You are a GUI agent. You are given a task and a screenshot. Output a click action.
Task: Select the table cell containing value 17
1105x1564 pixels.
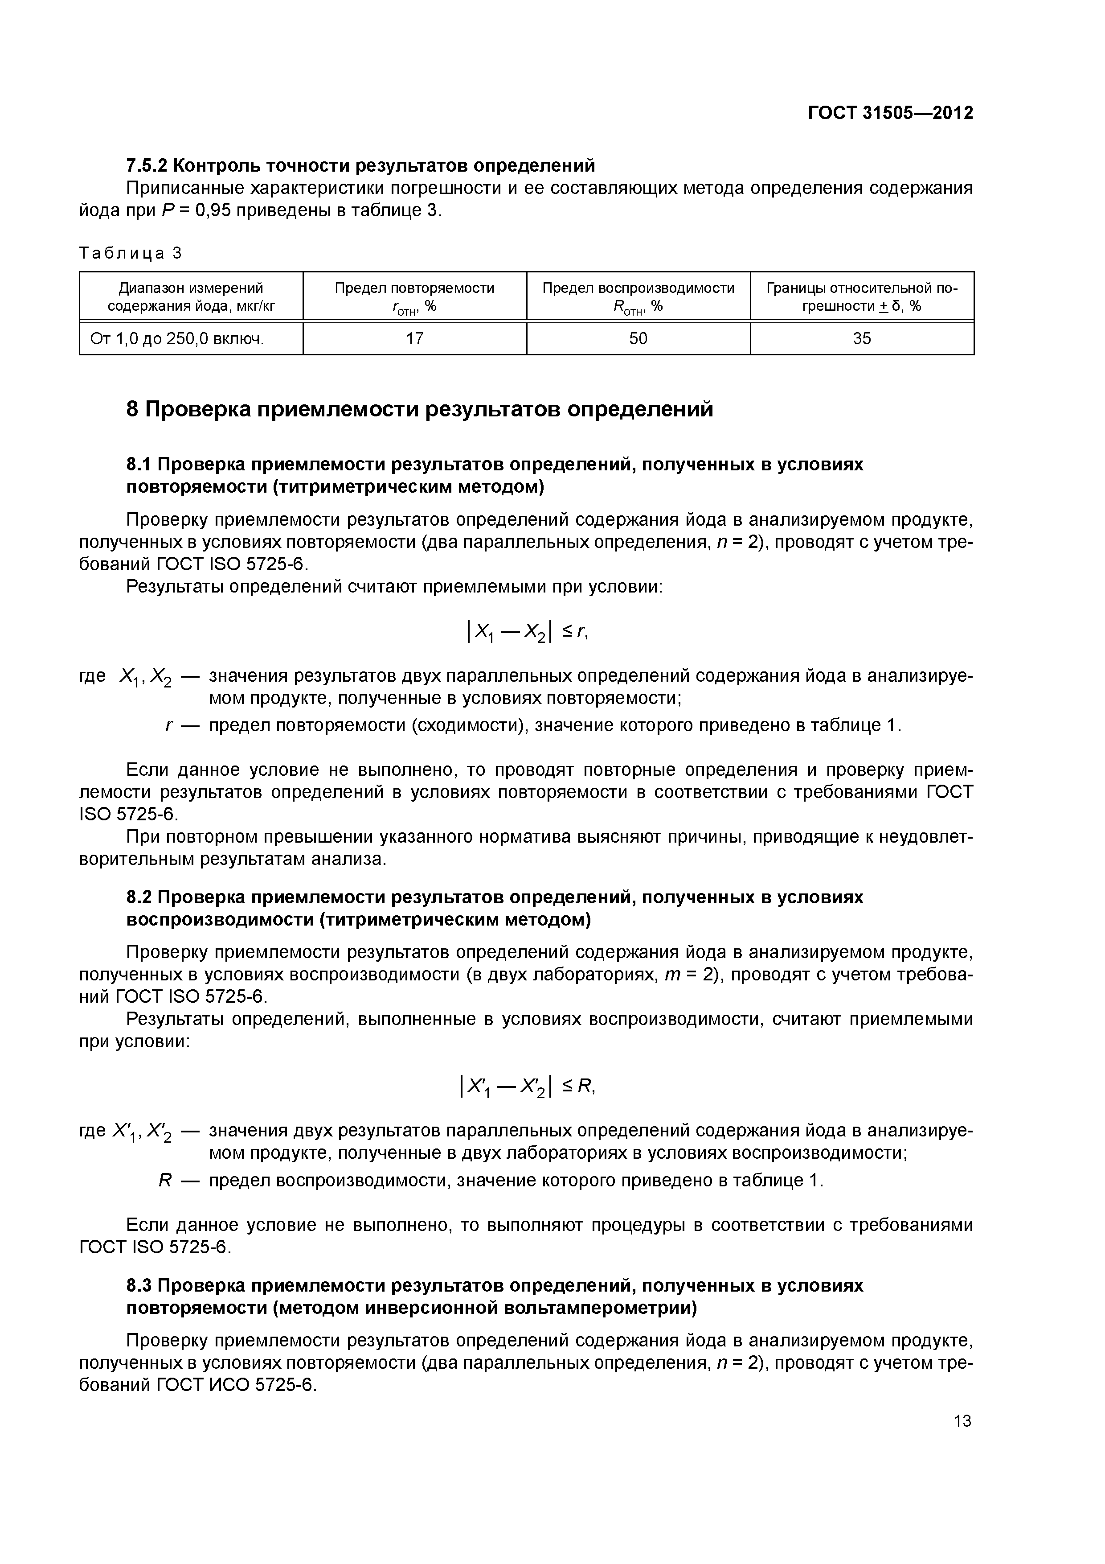tap(415, 338)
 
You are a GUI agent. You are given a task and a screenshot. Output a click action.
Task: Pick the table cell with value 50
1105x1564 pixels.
tap(638, 338)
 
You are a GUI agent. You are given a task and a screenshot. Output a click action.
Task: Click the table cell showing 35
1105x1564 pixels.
tap(861, 338)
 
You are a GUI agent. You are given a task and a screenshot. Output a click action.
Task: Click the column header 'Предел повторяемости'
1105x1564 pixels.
tap(415, 288)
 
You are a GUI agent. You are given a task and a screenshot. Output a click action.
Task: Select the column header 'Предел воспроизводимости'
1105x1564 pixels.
tap(638, 288)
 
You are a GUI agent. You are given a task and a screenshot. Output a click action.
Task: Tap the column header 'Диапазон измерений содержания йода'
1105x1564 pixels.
tap(191, 297)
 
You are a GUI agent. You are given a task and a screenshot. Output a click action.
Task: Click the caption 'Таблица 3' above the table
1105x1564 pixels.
tap(131, 253)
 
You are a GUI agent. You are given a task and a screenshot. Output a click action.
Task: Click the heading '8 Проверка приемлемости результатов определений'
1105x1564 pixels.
tap(420, 409)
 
